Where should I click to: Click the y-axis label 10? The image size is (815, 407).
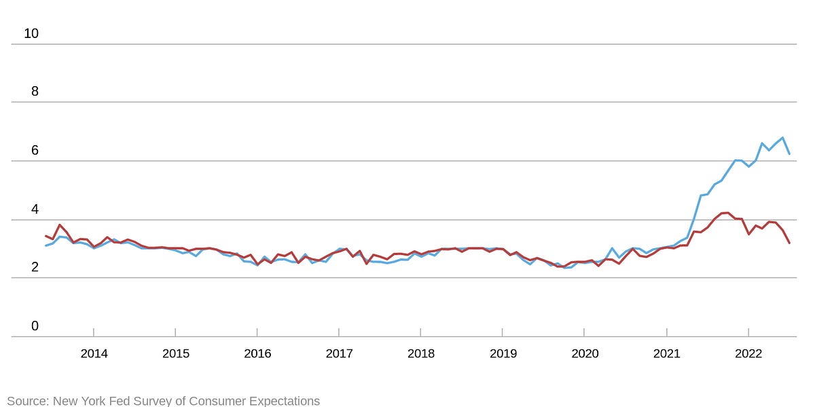pyautogui.click(x=31, y=33)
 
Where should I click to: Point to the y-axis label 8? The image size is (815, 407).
pyautogui.click(x=35, y=92)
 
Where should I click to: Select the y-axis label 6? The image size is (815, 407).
pyautogui.click(x=35, y=151)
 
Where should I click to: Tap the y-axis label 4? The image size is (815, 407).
pyautogui.click(x=35, y=209)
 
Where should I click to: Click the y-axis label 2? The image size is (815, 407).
pyautogui.click(x=35, y=267)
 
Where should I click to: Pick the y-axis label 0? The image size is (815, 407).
pyautogui.click(x=35, y=326)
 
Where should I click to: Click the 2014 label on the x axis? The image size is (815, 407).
pyautogui.click(x=94, y=353)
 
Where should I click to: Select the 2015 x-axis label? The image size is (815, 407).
pyautogui.click(x=175, y=353)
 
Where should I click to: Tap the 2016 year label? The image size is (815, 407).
pyautogui.click(x=257, y=353)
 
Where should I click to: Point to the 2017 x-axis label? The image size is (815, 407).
pyautogui.click(x=339, y=353)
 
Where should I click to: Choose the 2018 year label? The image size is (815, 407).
pyautogui.click(x=420, y=353)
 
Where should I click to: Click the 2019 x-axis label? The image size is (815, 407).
pyautogui.click(x=503, y=353)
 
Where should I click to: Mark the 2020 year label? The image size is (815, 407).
pyautogui.click(x=585, y=353)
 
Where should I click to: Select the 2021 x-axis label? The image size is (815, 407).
pyautogui.click(x=666, y=353)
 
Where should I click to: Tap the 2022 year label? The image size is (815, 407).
pyautogui.click(x=748, y=353)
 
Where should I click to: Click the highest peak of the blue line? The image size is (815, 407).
pyautogui.click(x=782, y=138)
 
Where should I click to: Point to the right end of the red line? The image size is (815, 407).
pyautogui.click(x=789, y=243)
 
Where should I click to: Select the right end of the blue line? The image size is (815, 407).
pyautogui.click(x=789, y=154)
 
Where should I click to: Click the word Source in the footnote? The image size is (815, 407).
pyautogui.click(x=28, y=401)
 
